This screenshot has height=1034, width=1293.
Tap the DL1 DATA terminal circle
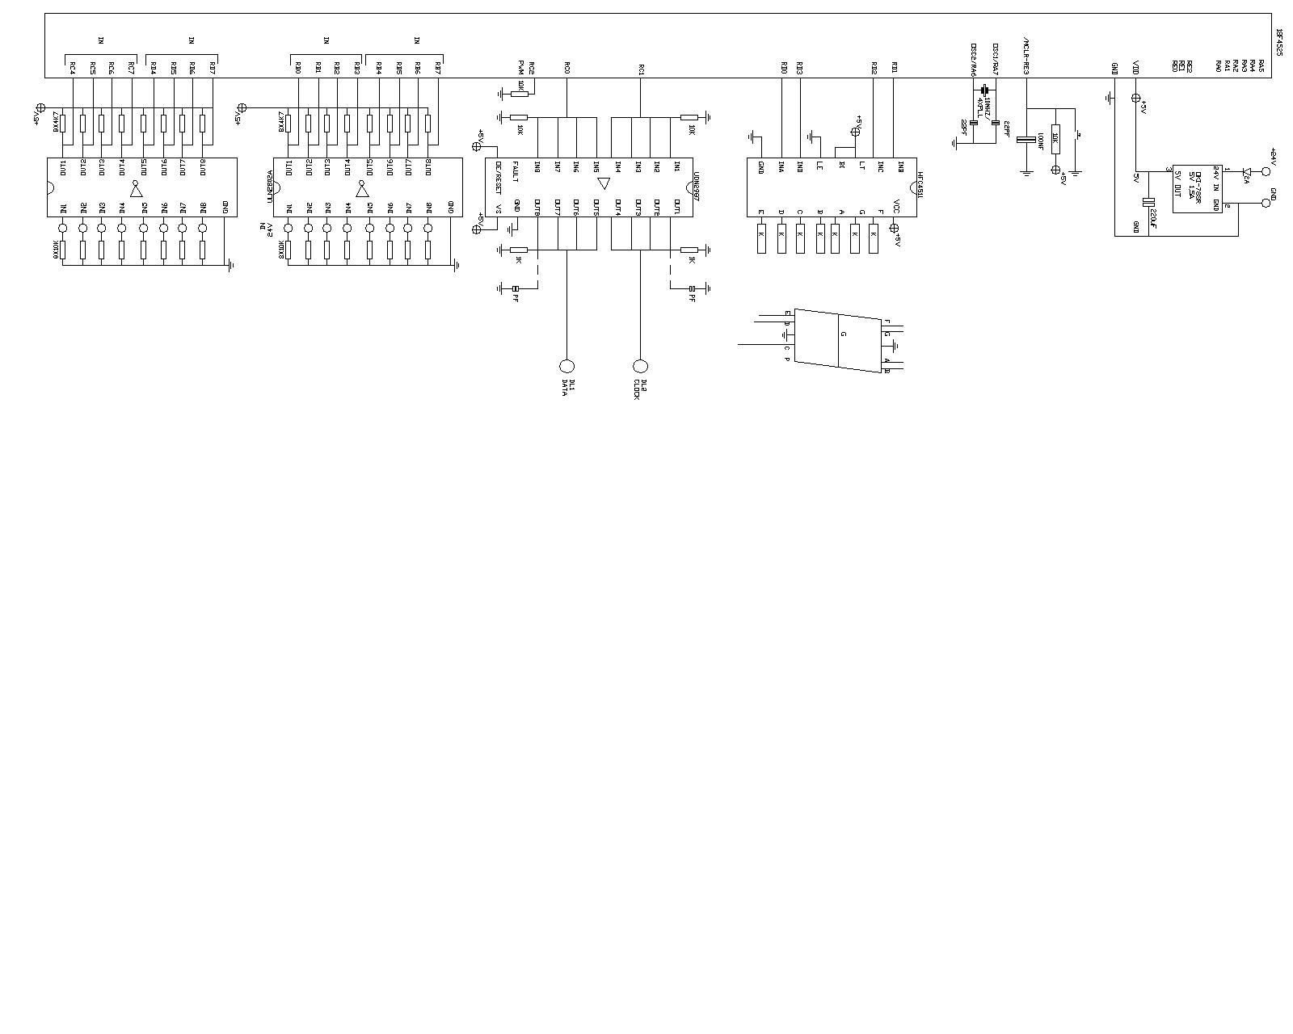click(566, 366)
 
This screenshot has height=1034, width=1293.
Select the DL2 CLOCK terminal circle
click(641, 366)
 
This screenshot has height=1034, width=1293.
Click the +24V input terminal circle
click(1266, 171)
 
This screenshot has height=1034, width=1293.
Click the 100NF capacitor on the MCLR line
click(1026, 140)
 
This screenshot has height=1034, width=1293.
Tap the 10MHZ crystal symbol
click(985, 90)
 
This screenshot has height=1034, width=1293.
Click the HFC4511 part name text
click(920, 179)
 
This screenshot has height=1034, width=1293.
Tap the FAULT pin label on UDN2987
click(517, 173)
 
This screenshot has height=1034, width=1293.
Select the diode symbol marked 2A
click(1247, 171)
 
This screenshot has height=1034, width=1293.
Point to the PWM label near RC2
click(521, 66)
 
